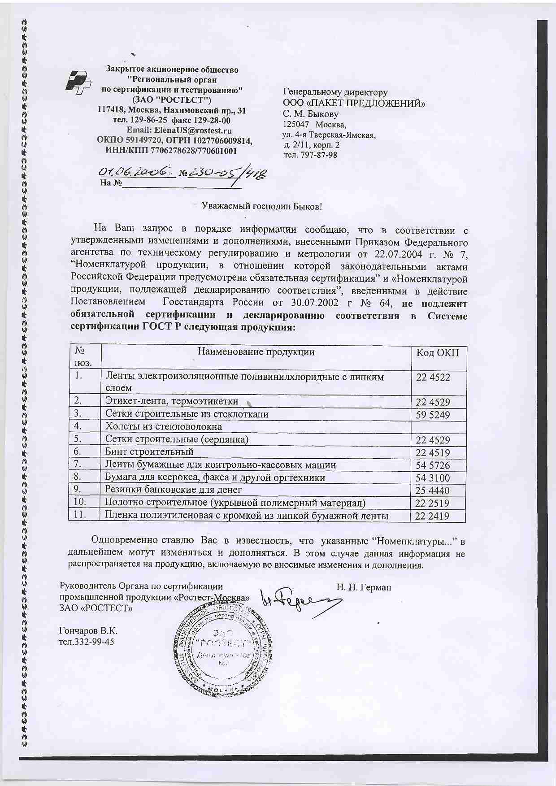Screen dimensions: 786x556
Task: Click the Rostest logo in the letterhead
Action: tap(78, 83)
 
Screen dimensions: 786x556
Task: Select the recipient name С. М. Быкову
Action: tap(310, 114)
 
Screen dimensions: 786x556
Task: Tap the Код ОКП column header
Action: tap(438, 352)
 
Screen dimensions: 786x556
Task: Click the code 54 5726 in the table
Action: tap(433, 465)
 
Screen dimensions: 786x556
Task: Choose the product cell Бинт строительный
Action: tap(149, 452)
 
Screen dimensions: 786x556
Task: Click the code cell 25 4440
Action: tap(433, 491)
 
